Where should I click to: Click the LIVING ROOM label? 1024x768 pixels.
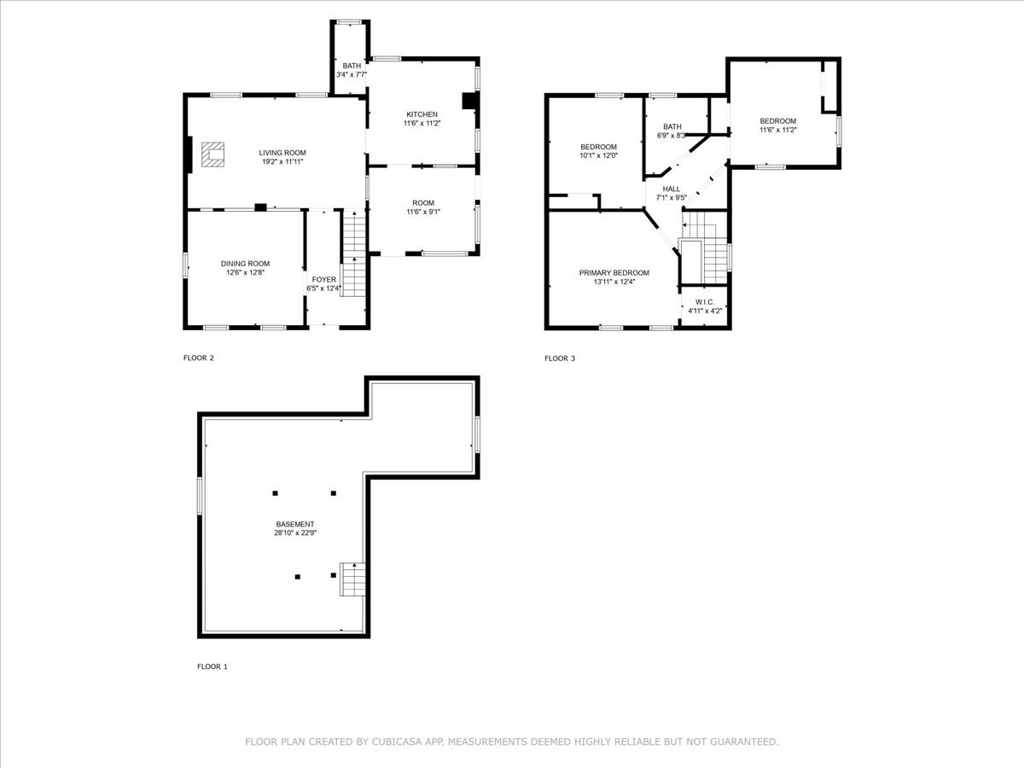(282, 153)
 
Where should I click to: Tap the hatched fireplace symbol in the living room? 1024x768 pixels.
(214, 154)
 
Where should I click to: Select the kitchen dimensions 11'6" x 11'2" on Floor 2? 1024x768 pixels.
(422, 124)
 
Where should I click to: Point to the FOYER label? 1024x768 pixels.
(323, 279)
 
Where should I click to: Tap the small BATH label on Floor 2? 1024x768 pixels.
(352, 66)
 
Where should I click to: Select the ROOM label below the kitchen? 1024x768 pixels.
(423, 203)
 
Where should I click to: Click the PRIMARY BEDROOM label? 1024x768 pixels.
(614, 273)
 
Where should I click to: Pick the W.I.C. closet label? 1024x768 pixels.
(704, 302)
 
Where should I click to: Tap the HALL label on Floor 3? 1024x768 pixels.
(671, 189)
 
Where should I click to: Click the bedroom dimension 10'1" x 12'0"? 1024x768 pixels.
(597, 155)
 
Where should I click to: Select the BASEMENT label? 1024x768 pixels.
(294, 524)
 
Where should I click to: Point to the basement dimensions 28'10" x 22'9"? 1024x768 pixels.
(294, 533)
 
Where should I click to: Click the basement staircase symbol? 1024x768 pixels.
(353, 579)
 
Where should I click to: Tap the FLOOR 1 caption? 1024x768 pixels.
(212, 666)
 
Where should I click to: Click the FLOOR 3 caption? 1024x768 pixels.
(560, 358)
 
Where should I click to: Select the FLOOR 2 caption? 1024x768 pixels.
(199, 358)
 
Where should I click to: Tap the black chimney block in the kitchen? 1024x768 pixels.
(468, 101)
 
